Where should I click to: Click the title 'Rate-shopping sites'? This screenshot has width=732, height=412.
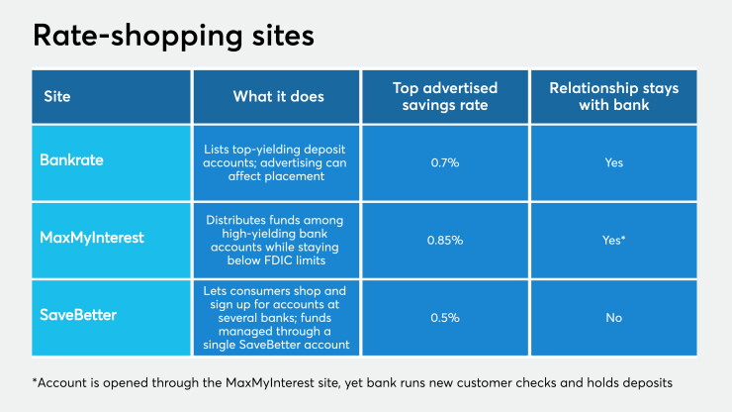tap(173, 37)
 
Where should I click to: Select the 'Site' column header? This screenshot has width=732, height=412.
tap(57, 96)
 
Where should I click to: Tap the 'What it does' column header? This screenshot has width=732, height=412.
tap(278, 96)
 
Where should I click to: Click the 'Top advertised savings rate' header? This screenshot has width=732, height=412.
tap(445, 96)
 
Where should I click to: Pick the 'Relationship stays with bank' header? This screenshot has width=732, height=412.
tap(614, 96)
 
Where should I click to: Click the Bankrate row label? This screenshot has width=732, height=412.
tap(71, 159)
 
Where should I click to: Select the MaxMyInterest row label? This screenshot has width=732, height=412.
tap(92, 238)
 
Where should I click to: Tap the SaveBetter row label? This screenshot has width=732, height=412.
tap(78, 315)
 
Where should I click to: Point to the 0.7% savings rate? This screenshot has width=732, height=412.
tap(445, 162)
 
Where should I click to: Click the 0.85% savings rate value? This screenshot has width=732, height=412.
tap(445, 241)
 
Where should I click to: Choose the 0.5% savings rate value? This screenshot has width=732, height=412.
tap(445, 318)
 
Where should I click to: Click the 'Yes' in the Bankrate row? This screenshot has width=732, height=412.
tap(614, 162)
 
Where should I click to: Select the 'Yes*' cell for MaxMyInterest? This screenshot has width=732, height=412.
tap(614, 241)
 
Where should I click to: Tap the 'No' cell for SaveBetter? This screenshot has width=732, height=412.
tap(614, 318)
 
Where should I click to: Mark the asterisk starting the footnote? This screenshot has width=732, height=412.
tap(35, 380)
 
